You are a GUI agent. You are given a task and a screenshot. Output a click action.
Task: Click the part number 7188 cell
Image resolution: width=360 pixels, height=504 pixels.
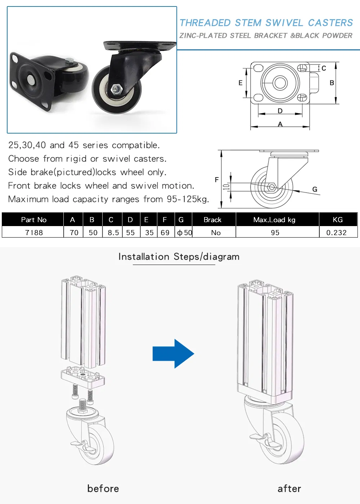click(34, 233)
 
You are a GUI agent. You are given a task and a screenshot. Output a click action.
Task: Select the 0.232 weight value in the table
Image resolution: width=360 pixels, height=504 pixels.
click(336, 233)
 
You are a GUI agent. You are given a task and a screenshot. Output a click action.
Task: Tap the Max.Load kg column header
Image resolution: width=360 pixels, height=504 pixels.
click(274, 220)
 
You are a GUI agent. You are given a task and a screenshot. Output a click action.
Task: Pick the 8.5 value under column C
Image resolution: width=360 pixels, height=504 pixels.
click(113, 233)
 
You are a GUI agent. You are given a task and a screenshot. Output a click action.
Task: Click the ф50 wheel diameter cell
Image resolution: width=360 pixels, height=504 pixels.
click(184, 233)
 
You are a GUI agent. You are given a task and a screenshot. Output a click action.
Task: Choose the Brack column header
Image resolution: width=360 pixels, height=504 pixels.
click(212, 220)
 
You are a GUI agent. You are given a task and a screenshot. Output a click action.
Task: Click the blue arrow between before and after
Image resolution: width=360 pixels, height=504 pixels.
click(173, 354)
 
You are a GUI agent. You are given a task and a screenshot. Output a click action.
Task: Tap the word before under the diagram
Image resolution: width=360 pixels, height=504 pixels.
click(103, 489)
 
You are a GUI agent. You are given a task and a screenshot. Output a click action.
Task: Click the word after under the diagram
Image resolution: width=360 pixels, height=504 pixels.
click(289, 489)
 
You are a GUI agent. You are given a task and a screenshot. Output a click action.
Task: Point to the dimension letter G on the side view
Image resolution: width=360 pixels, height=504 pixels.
click(315, 189)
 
